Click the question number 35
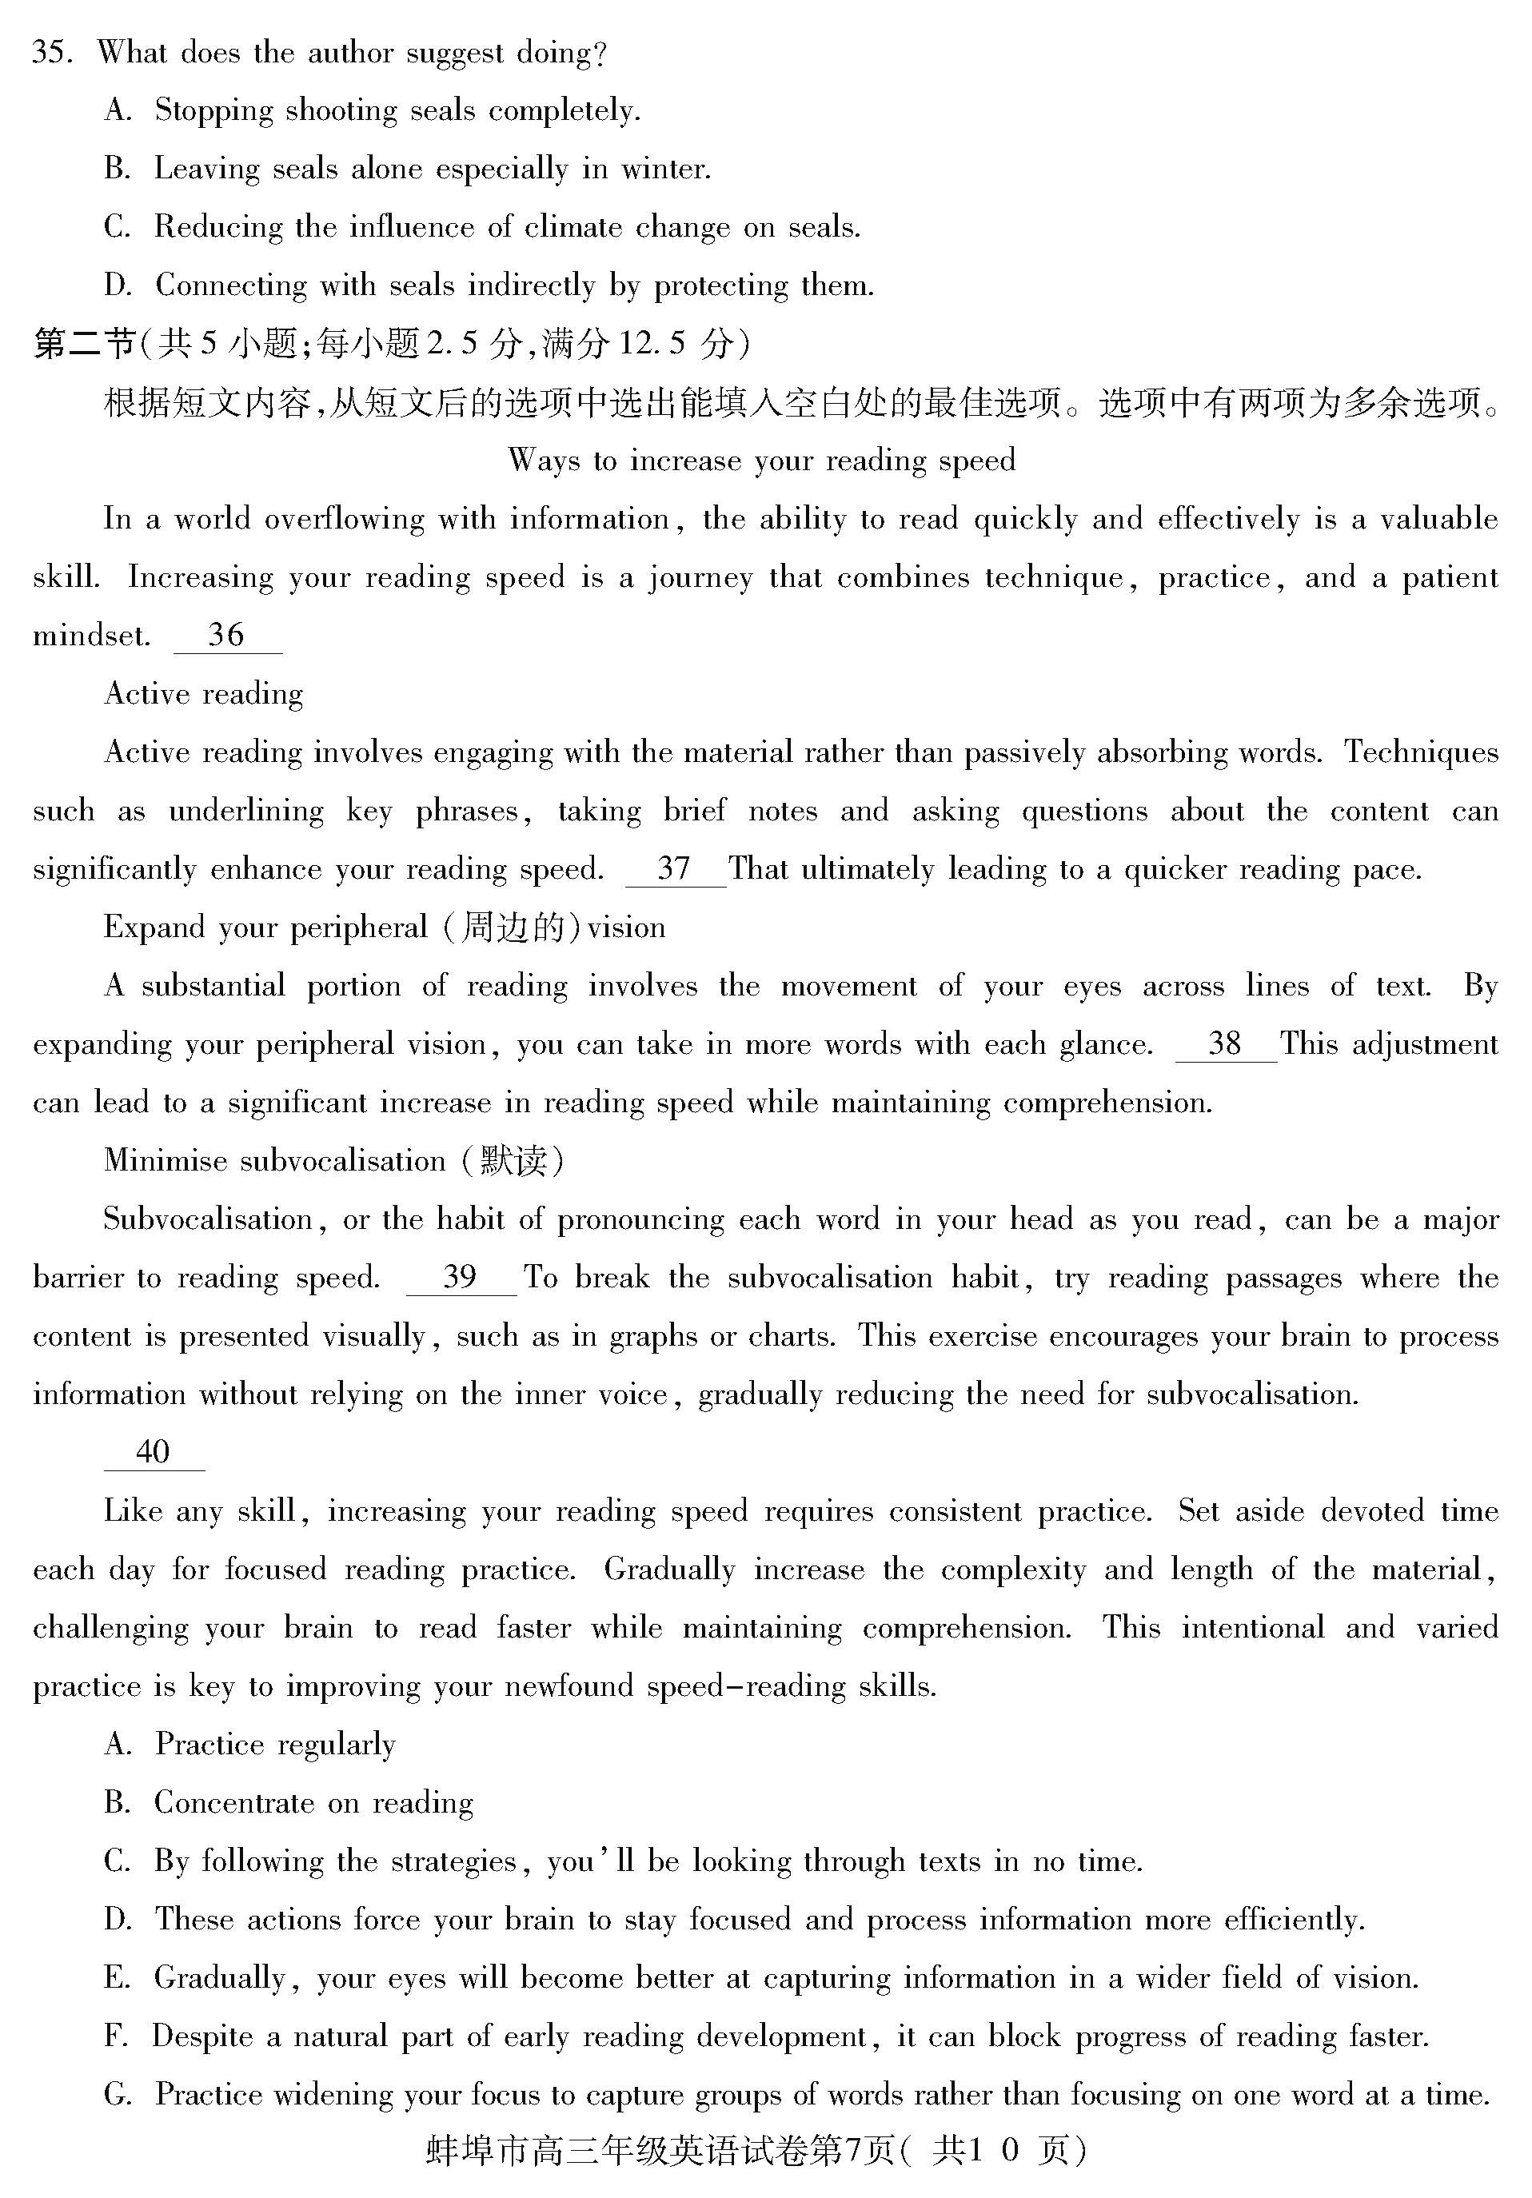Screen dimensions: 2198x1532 pos(50,53)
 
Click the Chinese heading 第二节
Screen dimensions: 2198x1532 pos(84,344)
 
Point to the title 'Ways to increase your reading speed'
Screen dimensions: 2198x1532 pos(761,461)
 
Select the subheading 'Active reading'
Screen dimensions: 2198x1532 pos(203,694)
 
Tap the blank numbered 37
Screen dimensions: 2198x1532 pos(675,868)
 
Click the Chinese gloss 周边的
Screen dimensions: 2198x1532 pos(513,927)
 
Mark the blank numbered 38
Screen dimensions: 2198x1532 pos(1225,1043)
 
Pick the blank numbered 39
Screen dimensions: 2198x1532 pos(461,1277)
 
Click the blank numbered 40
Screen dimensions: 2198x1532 pos(154,1452)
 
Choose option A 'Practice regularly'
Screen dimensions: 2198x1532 pos(275,1744)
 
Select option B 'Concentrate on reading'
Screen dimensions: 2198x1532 pos(313,1803)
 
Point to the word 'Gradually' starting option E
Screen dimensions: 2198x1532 pos(220,1978)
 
